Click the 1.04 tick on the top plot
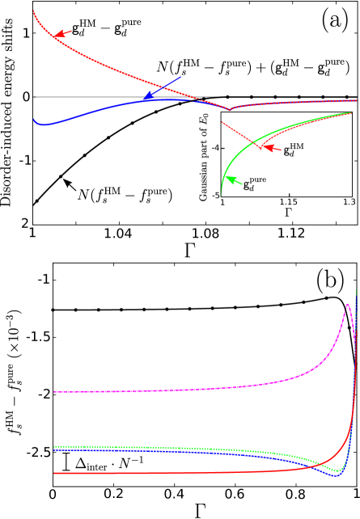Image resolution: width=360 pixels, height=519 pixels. coord(118,234)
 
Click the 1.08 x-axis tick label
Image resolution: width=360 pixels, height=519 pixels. coord(205,234)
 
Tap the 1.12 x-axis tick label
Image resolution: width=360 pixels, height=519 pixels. coord(291,234)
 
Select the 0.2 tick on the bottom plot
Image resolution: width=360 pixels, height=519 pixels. coord(113,493)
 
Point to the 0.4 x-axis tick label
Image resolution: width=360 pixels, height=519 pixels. coord(174,493)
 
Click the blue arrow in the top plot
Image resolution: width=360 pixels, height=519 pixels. coord(162,88)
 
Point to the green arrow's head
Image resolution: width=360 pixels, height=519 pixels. coord(228,177)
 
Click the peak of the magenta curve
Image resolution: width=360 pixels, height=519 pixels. coord(348,305)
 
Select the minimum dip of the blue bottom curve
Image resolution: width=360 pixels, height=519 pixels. coord(337,475)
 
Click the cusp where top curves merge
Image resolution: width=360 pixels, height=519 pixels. coord(229,109)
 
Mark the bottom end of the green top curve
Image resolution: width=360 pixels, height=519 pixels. coord(221,195)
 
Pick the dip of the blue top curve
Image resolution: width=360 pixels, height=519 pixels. coord(44,124)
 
